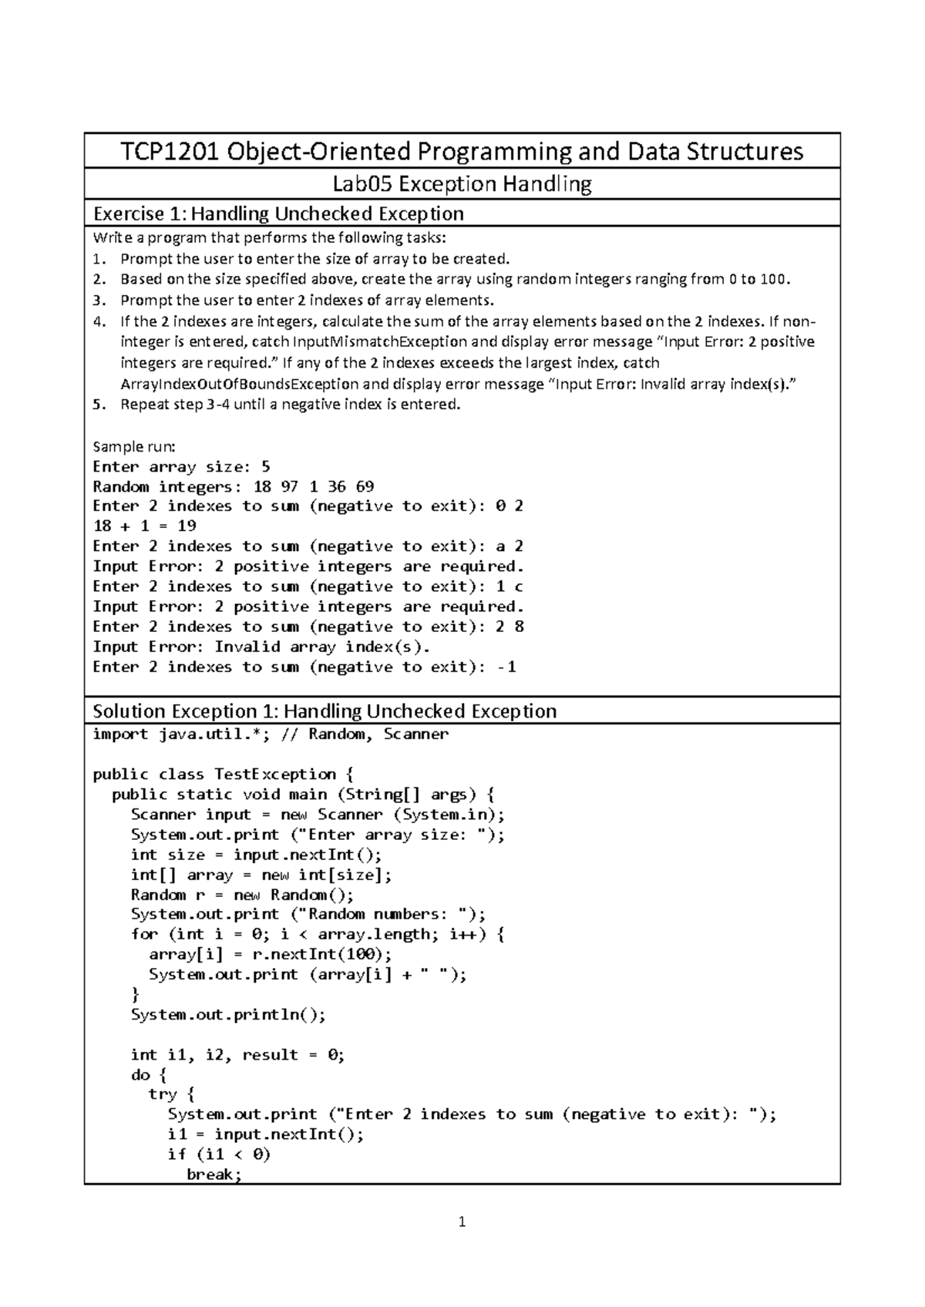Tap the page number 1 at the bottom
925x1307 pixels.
click(x=462, y=1221)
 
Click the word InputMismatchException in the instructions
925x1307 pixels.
click(x=379, y=341)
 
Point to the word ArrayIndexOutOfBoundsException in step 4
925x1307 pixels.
click(x=240, y=384)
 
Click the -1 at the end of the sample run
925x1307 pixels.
click(x=506, y=667)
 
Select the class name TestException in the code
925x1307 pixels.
click(x=275, y=774)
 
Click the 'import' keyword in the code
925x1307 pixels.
click(x=120, y=734)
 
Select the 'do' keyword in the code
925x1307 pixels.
click(x=140, y=1075)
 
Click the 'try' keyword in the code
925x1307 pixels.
click(x=162, y=1095)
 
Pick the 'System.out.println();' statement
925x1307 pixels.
click(x=228, y=1015)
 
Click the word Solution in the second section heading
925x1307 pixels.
click(x=129, y=711)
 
